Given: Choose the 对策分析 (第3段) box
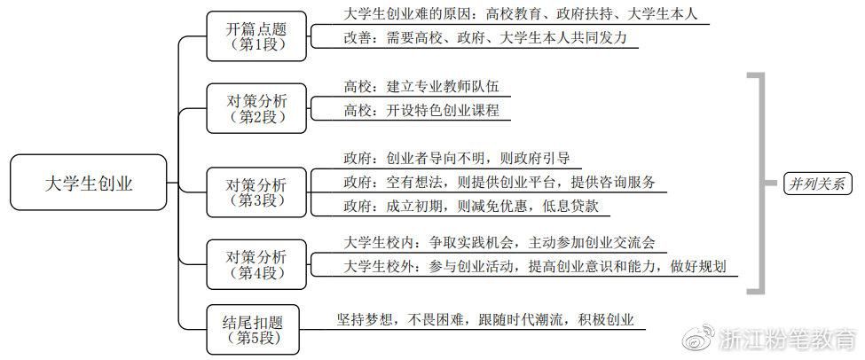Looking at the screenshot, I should pos(256,192).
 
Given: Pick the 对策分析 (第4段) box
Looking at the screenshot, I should pos(256,263).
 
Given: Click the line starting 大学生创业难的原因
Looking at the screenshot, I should pos(508,14).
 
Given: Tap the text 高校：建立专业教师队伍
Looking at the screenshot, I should pos(421,87).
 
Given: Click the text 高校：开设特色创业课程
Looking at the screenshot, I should pos(421,111).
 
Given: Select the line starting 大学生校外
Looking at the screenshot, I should pos(539,266).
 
